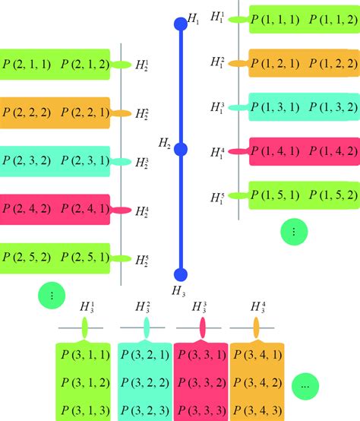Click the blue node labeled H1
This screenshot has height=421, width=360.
180,24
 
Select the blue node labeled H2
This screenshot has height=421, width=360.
180,149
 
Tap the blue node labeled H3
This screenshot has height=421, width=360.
180,275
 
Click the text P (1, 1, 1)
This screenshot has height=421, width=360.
276,20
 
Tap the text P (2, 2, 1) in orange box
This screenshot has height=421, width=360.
86,113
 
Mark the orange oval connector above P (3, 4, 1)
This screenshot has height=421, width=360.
257,328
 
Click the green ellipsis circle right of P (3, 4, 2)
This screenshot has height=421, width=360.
305,385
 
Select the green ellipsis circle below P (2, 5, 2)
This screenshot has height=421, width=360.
50,296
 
